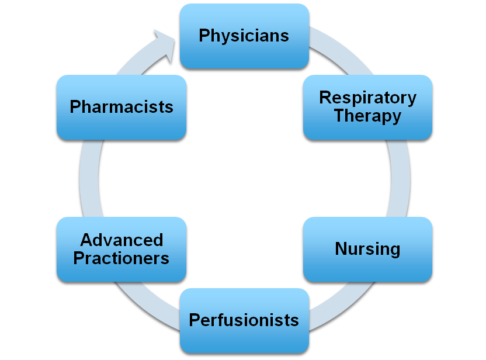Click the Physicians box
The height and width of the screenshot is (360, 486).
[244, 36]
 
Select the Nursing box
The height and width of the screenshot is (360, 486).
[367, 250]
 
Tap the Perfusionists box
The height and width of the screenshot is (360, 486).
[244, 320]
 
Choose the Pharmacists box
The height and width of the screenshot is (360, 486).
[121, 107]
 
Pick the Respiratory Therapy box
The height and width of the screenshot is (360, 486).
[367, 107]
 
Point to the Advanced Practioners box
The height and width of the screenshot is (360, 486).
[121, 250]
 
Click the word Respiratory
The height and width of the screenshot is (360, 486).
[367, 98]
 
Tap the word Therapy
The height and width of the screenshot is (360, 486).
[367, 116]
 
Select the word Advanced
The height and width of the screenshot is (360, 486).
[121, 240]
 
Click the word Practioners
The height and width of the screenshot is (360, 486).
[121, 258]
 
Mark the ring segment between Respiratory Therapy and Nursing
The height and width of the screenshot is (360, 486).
[400, 178]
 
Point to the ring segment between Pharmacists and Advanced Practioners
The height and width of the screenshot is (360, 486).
[88, 178]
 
